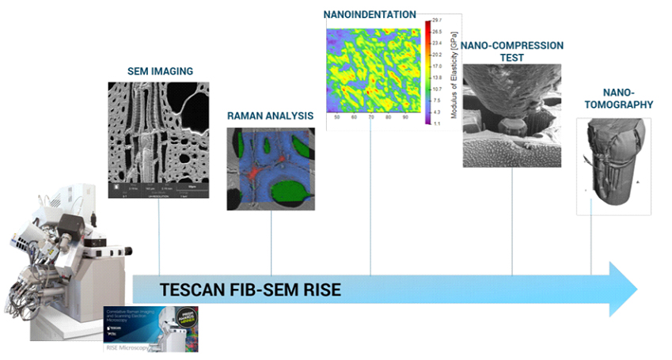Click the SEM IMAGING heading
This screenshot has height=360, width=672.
160,71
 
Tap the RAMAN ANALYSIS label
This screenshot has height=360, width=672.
270,116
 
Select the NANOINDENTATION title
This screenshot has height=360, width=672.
370,13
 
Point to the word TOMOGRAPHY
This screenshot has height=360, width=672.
614,104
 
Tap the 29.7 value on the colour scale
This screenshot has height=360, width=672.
439,21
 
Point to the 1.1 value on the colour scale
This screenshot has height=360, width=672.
439,123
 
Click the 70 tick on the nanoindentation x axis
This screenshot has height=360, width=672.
370,117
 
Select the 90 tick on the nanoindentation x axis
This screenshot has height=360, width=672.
404,117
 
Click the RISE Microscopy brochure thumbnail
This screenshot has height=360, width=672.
151,328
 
